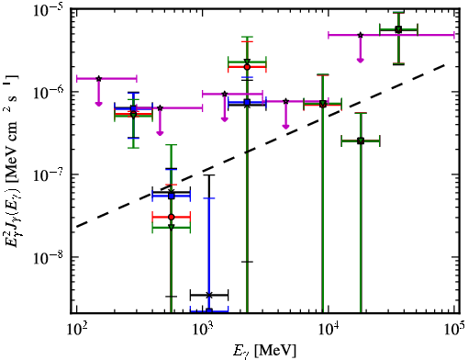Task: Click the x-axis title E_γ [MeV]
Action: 265,351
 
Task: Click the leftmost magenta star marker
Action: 98,79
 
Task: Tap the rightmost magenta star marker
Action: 361,35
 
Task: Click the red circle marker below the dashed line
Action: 172,217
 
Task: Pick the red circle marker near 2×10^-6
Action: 247,67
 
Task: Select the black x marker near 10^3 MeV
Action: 209,295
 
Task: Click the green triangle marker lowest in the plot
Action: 172,227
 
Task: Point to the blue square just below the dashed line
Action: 172,196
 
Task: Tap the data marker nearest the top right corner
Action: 398,29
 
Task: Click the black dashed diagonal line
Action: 261,146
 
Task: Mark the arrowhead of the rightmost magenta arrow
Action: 361,60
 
